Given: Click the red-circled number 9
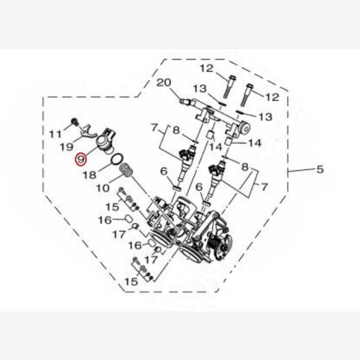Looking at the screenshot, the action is [x=81, y=159].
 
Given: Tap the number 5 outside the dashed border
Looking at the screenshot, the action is [x=320, y=169].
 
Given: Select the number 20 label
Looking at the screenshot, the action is [x=164, y=83].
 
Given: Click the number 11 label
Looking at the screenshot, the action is [x=56, y=134].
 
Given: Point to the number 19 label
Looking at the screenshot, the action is [x=67, y=147].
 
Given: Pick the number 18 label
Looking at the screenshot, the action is [x=89, y=175].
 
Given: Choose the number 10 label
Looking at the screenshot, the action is [x=103, y=188].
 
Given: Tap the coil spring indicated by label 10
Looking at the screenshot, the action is [x=127, y=171].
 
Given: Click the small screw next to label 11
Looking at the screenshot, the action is [x=74, y=121].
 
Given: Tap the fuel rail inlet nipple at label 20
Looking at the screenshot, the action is [x=185, y=101].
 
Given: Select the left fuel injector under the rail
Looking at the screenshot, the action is [x=187, y=164].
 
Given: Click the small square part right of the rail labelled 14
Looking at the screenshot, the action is [x=229, y=141].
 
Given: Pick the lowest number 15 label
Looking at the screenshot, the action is [x=131, y=281].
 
